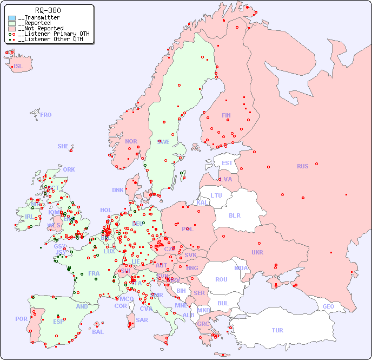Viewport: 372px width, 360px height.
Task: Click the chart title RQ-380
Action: [48, 10]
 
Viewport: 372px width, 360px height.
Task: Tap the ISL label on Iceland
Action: [18, 67]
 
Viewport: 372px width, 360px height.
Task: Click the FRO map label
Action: [46, 115]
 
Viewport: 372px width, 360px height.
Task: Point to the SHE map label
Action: [63, 146]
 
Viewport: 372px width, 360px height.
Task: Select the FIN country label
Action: [226, 115]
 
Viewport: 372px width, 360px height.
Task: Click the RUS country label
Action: [302, 166]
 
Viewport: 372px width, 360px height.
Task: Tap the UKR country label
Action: [257, 252]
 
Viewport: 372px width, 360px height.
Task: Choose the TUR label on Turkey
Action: [277, 330]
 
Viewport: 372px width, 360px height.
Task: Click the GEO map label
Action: [328, 306]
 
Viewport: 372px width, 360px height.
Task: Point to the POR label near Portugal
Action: [21, 319]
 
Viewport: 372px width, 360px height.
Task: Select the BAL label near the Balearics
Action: [98, 332]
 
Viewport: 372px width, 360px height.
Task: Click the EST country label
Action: [227, 163]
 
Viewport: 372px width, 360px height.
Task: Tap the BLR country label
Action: [235, 215]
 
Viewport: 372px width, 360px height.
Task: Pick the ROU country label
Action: [221, 279]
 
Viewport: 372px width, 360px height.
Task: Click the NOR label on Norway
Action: [131, 141]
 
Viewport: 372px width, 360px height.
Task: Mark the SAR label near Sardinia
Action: [142, 320]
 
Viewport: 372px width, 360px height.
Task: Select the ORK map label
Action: [69, 169]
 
